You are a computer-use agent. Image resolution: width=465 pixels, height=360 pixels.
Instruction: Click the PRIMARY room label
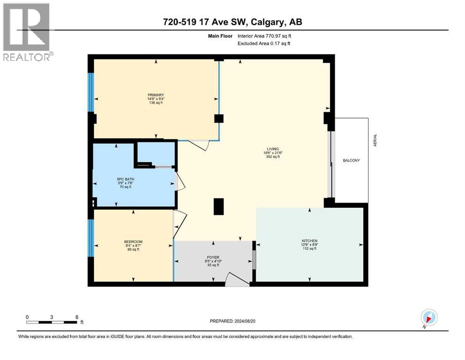click(155, 95)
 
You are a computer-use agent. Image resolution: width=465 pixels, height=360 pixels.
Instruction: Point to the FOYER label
click(213, 257)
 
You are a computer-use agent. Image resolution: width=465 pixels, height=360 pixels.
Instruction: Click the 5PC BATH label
click(124, 179)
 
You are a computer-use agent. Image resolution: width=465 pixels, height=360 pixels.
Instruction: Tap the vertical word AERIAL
click(375, 141)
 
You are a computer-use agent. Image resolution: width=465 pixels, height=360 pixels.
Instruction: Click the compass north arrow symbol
click(429, 317)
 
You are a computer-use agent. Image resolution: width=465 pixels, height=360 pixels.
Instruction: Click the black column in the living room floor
click(219, 207)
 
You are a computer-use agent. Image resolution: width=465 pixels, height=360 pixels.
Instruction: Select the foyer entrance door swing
click(236, 279)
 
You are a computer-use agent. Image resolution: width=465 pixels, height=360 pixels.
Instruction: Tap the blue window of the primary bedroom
click(91, 92)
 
